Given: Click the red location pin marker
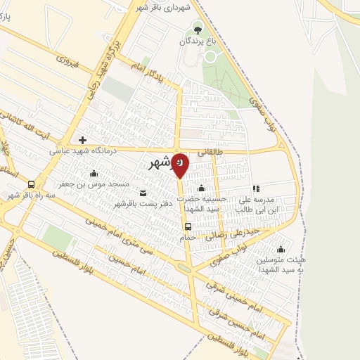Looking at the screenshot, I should pos(180,164).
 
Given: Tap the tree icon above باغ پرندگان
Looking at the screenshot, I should pos(198,30).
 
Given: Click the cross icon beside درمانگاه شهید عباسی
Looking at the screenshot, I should pos(82,140).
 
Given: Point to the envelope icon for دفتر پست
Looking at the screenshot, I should pos(144,193).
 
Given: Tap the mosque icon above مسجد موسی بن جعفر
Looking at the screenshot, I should pos(94,173).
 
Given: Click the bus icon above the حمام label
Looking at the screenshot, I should pos(188,226).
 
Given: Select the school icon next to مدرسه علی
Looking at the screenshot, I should pos(256,188).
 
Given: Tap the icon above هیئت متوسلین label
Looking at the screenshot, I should pos(281,249).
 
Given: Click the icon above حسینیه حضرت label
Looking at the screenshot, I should pos(202,188).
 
